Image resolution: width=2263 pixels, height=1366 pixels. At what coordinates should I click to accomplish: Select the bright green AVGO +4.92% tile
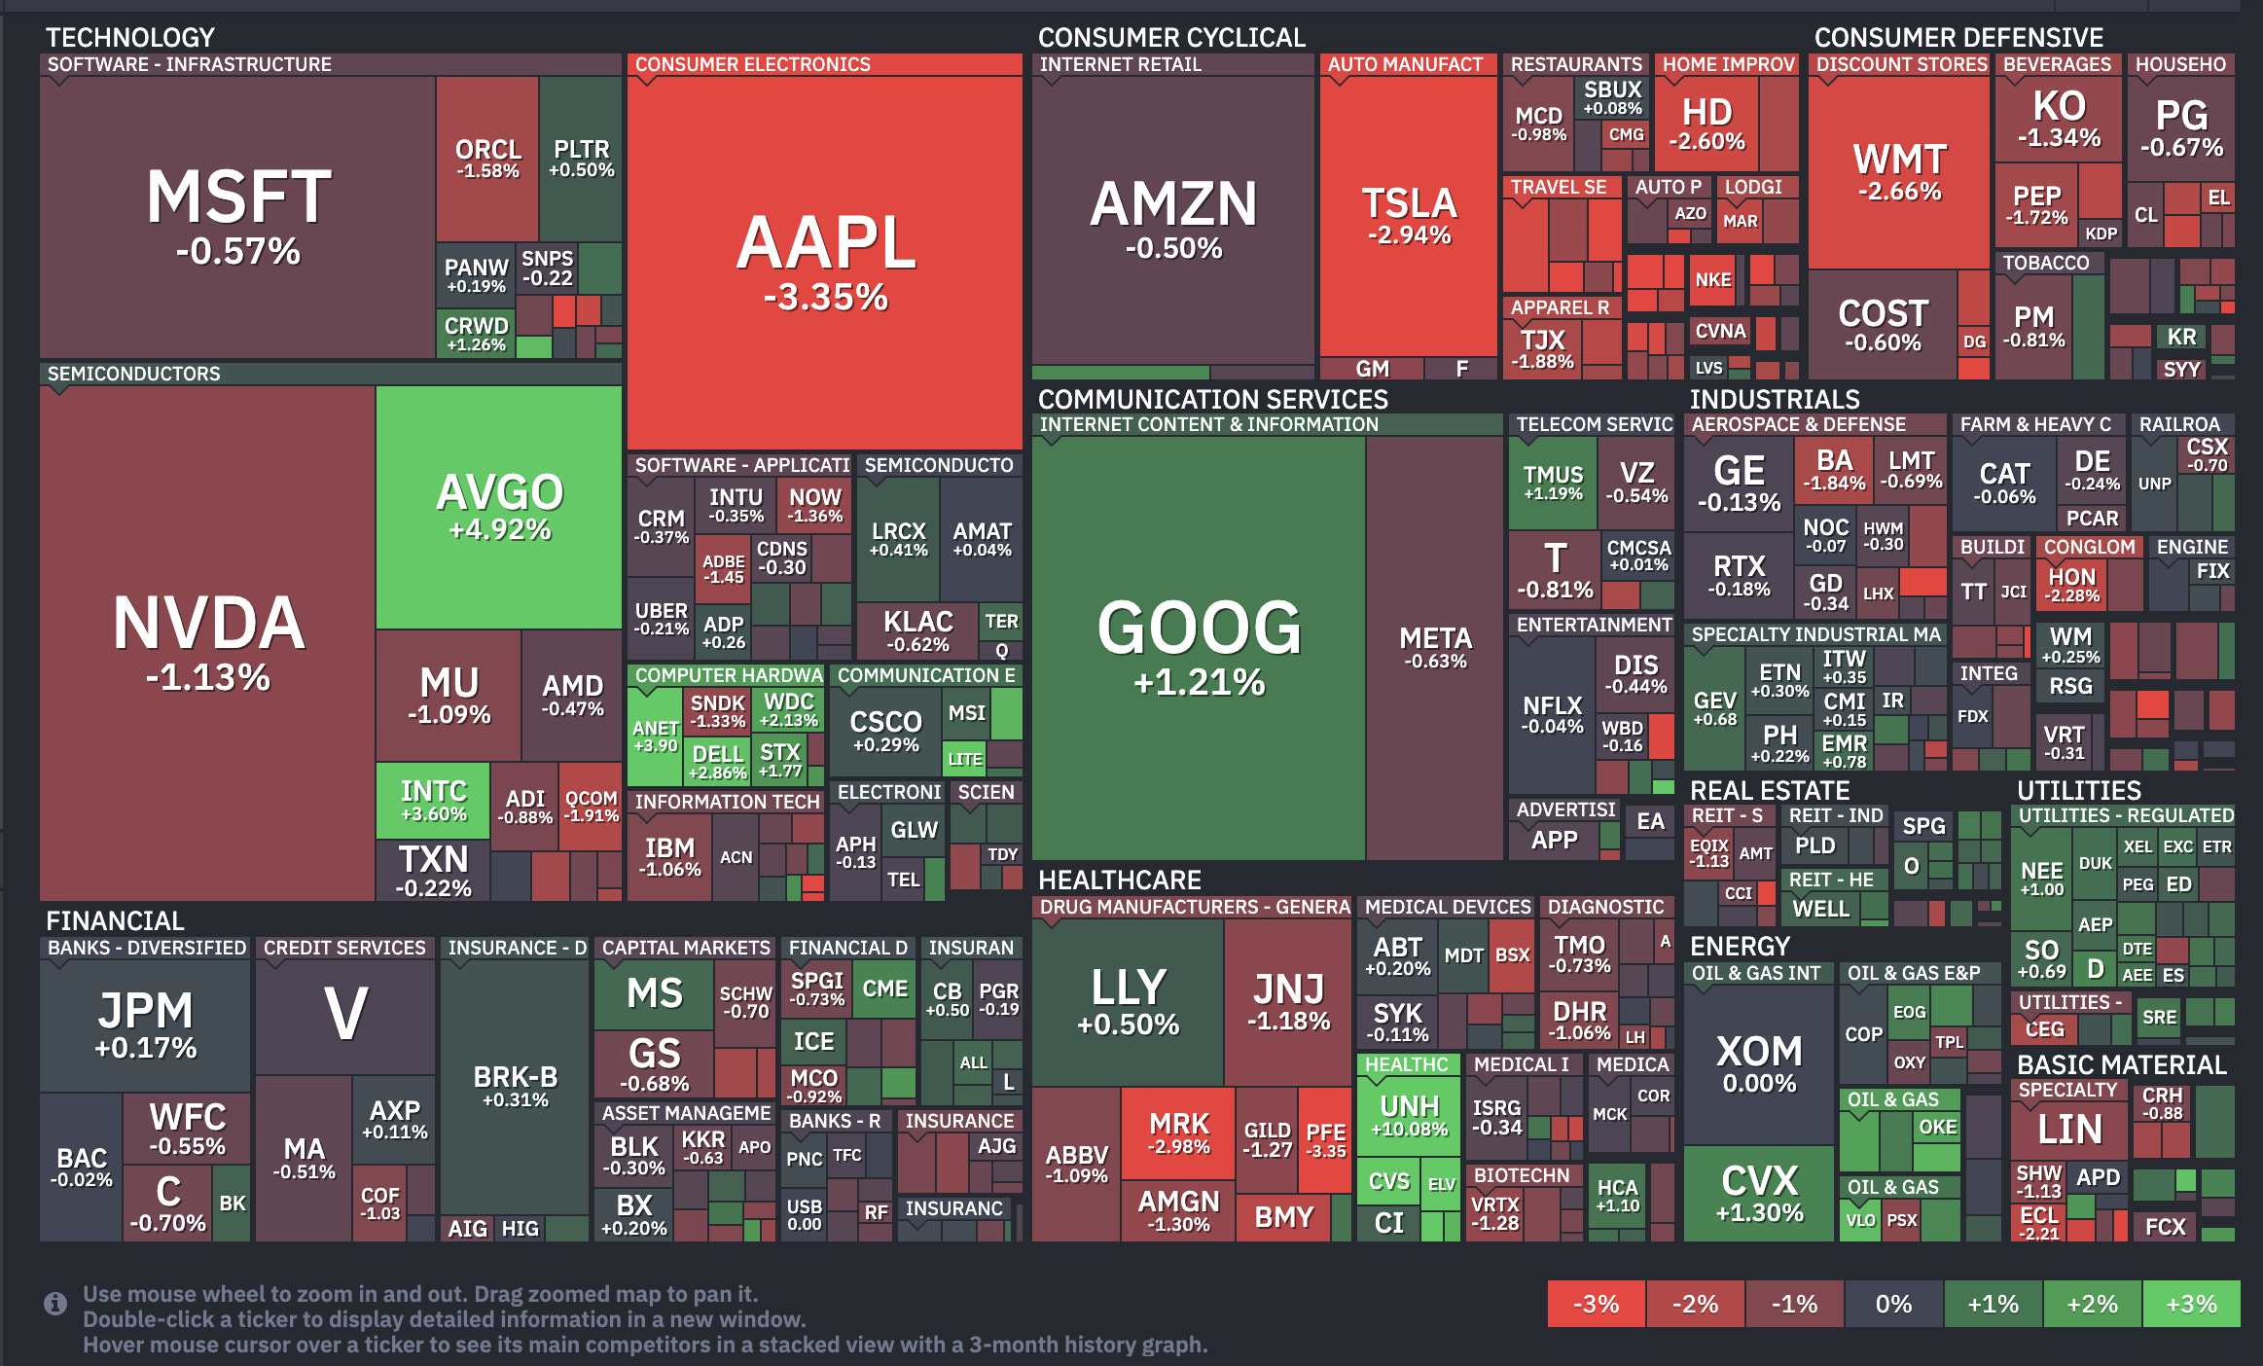[499, 506]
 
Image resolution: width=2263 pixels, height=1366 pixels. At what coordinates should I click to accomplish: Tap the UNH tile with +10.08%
[1409, 1115]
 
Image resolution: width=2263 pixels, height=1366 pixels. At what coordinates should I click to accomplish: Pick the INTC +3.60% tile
[434, 801]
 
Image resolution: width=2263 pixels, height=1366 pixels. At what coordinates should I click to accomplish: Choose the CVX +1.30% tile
[1759, 1193]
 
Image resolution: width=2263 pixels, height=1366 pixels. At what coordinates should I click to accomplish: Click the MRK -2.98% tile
[1178, 1132]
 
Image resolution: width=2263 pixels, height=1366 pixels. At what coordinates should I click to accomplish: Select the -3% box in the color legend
[1596, 1304]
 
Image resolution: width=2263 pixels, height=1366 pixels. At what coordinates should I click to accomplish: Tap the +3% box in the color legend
[2191, 1304]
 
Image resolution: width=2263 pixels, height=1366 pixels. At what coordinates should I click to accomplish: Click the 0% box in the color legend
[1893, 1304]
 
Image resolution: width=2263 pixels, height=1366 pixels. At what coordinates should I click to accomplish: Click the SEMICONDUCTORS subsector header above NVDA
[134, 374]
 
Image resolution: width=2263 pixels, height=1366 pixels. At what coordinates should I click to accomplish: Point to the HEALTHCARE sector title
[1119, 880]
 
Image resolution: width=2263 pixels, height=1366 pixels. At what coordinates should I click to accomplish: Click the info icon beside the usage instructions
[55, 1304]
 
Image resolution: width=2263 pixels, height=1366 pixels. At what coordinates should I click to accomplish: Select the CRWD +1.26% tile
[476, 333]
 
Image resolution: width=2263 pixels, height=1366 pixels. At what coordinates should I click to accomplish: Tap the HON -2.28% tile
[2072, 585]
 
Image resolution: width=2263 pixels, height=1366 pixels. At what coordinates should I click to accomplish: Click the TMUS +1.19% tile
[1553, 483]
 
